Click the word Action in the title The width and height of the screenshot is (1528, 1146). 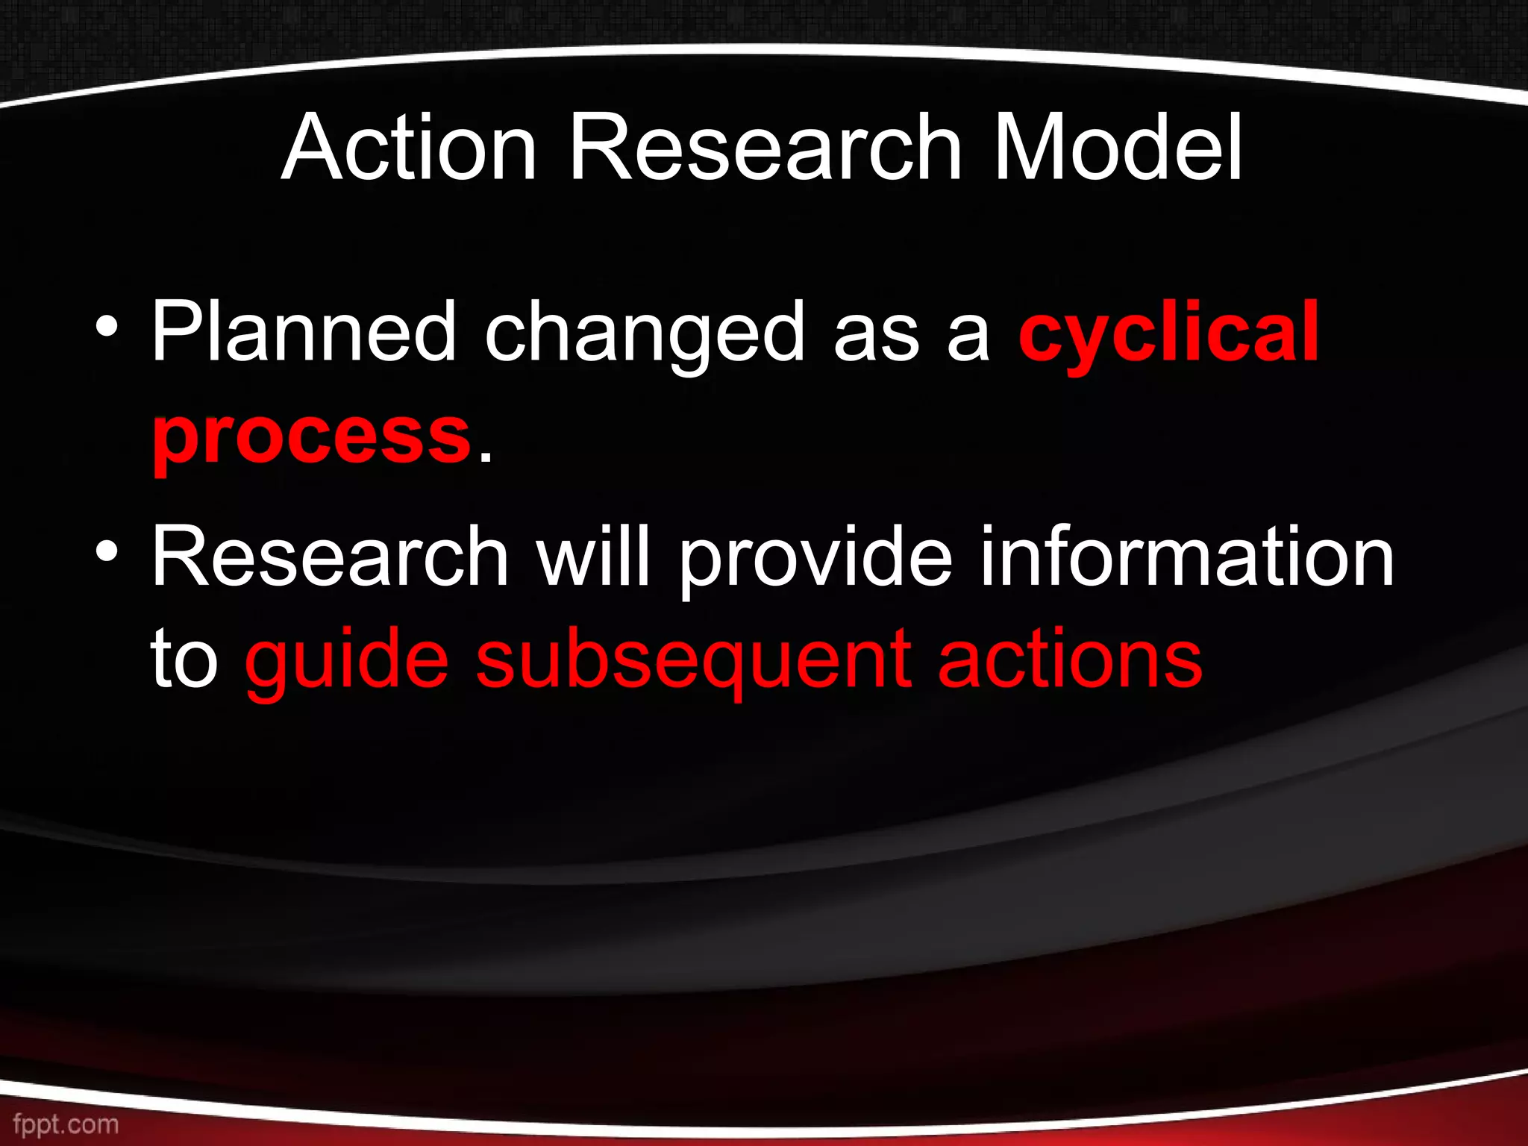click(409, 147)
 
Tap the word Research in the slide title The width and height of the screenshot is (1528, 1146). click(765, 147)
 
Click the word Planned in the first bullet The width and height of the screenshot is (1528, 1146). click(303, 331)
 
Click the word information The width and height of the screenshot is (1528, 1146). click(1186, 556)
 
